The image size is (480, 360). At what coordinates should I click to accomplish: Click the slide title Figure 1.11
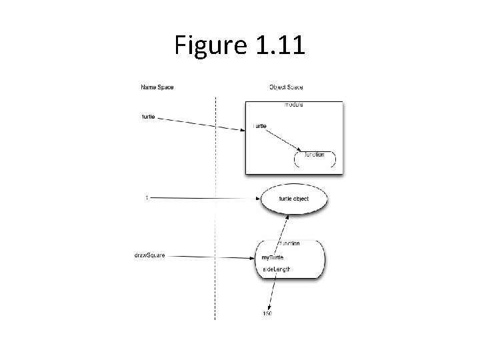(239, 45)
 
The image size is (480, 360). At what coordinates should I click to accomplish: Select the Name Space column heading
(157, 87)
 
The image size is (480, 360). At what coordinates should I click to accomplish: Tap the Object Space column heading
(286, 87)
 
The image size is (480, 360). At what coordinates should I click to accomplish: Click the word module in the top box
(294, 105)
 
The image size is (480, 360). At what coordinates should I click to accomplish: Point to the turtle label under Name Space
(149, 116)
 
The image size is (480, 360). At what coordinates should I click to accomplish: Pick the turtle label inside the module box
(260, 126)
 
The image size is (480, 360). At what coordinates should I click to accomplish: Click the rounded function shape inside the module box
(315, 157)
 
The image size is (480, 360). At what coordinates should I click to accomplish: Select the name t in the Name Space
(147, 197)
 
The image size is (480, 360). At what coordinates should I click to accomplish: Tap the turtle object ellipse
(293, 199)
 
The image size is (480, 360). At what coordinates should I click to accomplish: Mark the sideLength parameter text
(276, 269)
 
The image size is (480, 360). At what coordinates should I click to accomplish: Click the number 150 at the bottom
(267, 313)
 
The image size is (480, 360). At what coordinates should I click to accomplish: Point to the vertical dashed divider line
(215, 213)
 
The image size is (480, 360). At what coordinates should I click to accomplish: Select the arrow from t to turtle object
(207, 198)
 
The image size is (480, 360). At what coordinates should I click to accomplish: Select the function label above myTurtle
(289, 243)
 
